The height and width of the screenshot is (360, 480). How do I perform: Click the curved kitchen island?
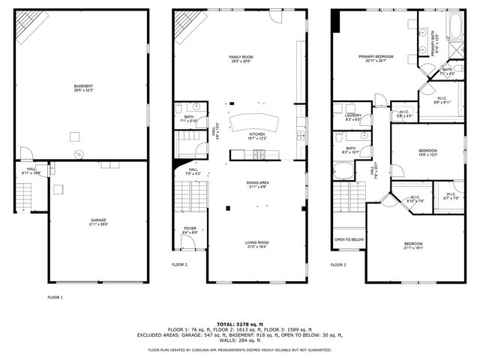click(x=253, y=122)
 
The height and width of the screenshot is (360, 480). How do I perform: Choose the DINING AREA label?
click(x=257, y=184)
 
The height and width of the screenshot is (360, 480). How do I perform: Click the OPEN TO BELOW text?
click(x=349, y=240)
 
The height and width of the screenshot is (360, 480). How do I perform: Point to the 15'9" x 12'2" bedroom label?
click(x=428, y=153)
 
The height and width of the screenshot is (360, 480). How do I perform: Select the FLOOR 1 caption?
click(x=55, y=298)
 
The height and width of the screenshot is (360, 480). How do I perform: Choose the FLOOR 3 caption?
click(x=339, y=265)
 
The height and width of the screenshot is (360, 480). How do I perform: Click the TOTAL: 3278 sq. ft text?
click(x=239, y=323)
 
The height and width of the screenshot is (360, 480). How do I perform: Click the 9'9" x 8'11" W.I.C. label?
click(x=442, y=99)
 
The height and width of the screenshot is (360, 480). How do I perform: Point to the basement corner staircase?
click(x=31, y=28)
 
